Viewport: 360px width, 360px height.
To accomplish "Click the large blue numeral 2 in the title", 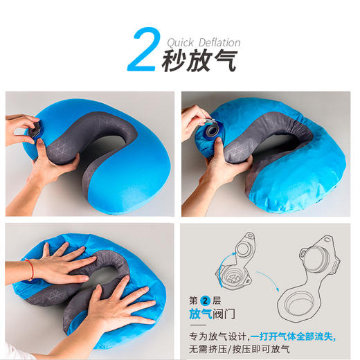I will click(x=142, y=49).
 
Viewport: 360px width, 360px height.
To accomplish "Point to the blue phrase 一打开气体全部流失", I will click(x=293, y=336).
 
